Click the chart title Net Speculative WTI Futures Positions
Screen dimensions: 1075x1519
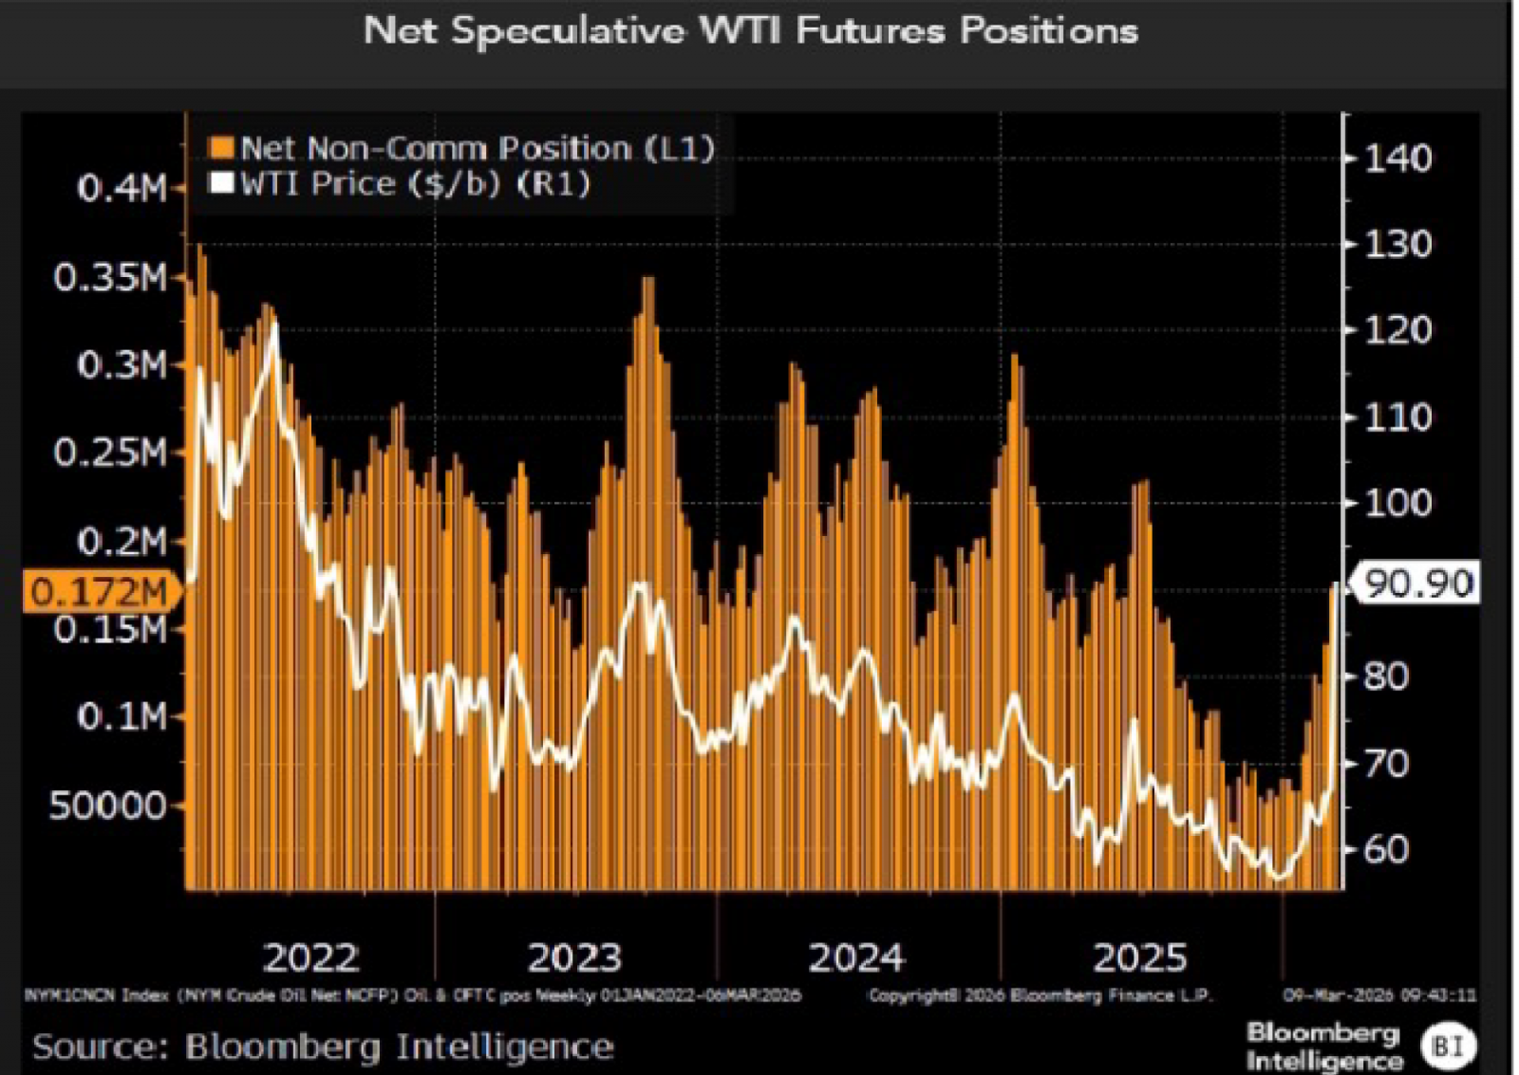(x=750, y=31)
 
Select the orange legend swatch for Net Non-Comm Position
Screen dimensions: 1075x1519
(x=221, y=148)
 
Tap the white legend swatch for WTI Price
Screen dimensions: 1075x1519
(x=221, y=183)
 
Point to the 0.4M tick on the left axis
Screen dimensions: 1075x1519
(x=122, y=189)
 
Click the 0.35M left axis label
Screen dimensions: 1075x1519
(x=110, y=278)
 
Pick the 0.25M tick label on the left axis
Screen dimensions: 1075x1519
(x=110, y=453)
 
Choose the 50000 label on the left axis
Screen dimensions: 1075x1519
(x=108, y=806)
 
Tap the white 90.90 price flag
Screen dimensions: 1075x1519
(x=1418, y=583)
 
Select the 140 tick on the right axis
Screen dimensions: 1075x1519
(x=1397, y=158)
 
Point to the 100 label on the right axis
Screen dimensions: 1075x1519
(x=1397, y=503)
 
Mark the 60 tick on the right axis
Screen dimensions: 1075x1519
(x=1386, y=849)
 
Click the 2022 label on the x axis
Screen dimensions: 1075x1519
(x=310, y=957)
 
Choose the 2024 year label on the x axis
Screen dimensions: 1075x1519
(x=856, y=957)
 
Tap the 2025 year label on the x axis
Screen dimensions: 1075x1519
(x=1139, y=957)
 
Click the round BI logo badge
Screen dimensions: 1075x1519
(x=1448, y=1047)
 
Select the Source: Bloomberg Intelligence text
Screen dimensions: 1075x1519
(x=323, y=1047)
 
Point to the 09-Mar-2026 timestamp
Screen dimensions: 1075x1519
(x=1379, y=995)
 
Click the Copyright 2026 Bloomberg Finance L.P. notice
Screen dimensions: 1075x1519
(x=1041, y=995)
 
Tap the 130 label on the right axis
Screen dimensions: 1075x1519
(x=1397, y=245)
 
